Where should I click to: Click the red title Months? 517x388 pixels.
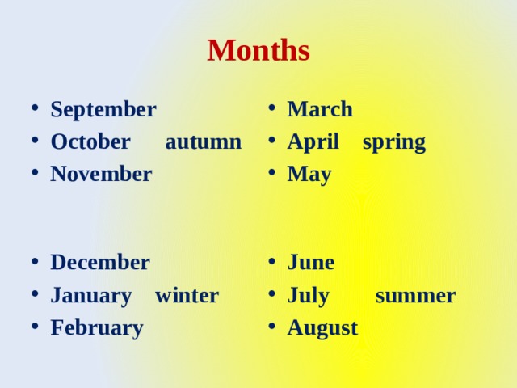(258, 50)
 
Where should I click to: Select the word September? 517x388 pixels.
(103, 109)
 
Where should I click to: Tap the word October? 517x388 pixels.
(90, 141)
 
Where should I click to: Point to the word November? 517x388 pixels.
(101, 174)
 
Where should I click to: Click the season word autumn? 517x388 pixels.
(203, 142)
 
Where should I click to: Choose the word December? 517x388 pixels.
(99, 263)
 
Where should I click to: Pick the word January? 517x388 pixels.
(90, 296)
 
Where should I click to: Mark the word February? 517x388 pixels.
(96, 328)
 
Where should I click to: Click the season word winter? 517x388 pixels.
(187, 296)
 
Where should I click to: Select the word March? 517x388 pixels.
(320, 109)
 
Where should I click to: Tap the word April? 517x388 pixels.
(313, 142)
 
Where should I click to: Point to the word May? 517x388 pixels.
(309, 175)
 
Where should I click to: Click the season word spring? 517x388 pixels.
(393, 143)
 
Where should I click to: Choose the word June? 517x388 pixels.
(311, 263)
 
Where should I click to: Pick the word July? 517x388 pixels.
(308, 296)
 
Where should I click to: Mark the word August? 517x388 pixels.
(322, 328)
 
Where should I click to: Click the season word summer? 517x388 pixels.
(415, 296)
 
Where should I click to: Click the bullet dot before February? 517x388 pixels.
(30, 328)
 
